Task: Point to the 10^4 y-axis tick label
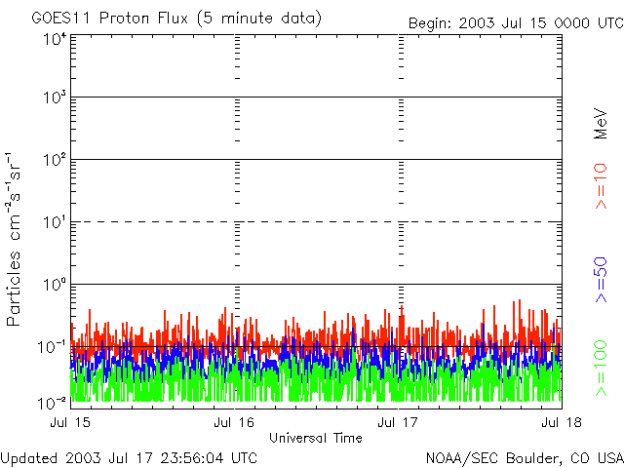(x=54, y=40)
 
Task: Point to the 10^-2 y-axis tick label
(x=52, y=402)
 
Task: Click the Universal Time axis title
(x=316, y=438)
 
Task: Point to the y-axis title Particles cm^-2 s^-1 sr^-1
(x=17, y=238)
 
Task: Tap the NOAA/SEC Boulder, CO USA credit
(x=524, y=457)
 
